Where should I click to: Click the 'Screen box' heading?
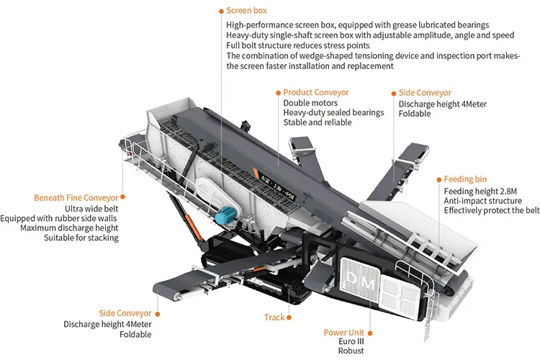point(246,11)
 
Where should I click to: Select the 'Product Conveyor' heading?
point(315,92)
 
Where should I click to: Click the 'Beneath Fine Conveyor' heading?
point(76,197)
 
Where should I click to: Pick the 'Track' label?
point(274,317)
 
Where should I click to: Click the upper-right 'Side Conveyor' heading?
point(425,93)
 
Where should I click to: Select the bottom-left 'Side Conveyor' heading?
point(125,313)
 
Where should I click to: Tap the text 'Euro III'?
point(351,341)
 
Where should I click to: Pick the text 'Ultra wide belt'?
point(94,208)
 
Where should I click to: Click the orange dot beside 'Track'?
point(290,317)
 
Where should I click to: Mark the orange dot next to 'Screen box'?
point(220,11)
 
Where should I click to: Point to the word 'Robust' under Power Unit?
point(351,351)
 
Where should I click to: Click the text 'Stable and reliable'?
point(318,122)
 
